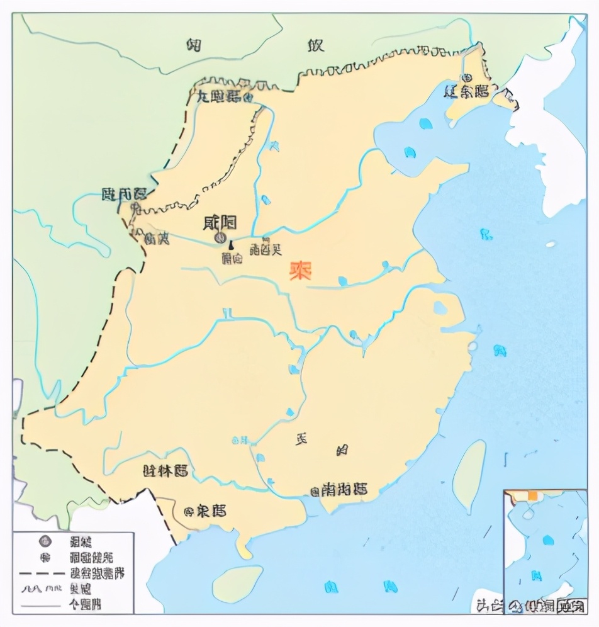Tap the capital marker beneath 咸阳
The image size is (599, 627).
(220, 237)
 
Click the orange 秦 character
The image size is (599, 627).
(303, 270)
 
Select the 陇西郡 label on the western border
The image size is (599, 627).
(123, 194)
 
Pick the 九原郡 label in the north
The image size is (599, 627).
(218, 96)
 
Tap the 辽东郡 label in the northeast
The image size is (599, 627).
(466, 91)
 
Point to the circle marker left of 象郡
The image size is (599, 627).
(187, 511)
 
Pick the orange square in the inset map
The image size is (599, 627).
(533, 496)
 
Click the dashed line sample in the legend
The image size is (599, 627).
(42, 573)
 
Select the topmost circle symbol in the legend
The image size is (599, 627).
(44, 541)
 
